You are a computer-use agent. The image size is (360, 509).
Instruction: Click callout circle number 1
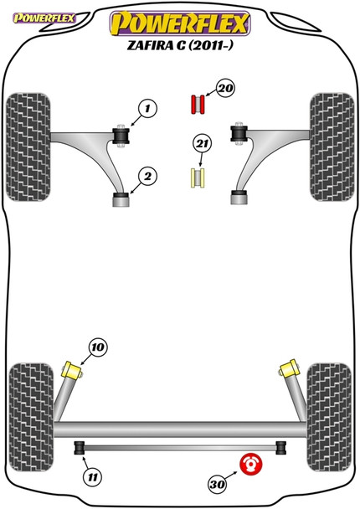[x=147, y=109]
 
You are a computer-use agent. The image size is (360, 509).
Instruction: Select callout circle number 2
[x=147, y=177]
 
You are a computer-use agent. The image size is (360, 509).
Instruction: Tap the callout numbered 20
[x=225, y=88]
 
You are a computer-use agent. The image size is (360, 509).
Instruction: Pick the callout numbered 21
[x=202, y=144]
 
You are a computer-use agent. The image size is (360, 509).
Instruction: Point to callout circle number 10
[x=98, y=347]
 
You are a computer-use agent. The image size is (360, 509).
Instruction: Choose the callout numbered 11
[x=93, y=477]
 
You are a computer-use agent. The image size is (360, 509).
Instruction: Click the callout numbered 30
[x=217, y=485]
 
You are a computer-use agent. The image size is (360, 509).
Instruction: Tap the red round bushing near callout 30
[x=250, y=464]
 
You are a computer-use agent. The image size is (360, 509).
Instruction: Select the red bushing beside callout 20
[x=198, y=105]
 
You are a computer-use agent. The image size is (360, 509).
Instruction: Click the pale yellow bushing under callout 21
[x=198, y=178]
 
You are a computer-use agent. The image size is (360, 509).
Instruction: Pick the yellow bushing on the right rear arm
[x=288, y=368]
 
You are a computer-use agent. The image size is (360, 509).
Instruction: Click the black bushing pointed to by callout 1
[x=121, y=136]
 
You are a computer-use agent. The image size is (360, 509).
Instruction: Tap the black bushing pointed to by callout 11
[x=80, y=448]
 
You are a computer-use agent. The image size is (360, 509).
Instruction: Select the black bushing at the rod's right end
[x=281, y=448]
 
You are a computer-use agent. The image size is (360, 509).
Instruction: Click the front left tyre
[x=28, y=147]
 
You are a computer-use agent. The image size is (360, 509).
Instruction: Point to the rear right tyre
[x=329, y=417]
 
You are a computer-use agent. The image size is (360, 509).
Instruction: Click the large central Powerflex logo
[x=180, y=23]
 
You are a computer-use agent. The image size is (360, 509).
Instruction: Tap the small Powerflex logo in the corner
[x=44, y=18]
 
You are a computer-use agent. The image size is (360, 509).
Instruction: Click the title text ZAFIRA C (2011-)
[x=180, y=46]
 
